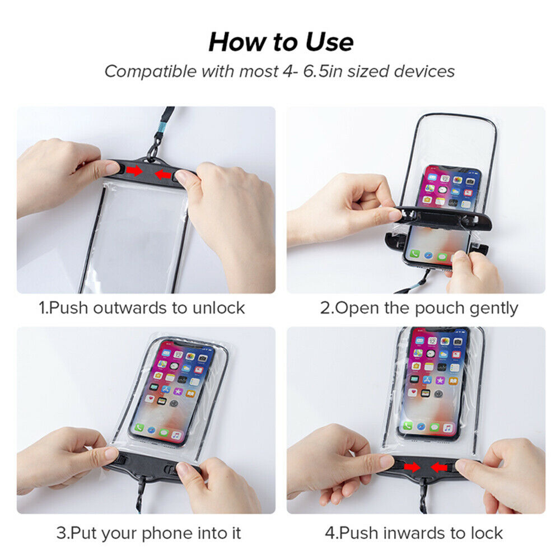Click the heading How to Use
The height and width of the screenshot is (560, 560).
click(281, 42)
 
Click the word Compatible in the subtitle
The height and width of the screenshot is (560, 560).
click(151, 72)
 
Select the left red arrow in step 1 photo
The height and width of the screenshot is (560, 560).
click(134, 171)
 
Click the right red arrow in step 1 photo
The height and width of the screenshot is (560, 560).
click(163, 174)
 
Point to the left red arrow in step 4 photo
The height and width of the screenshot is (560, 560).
click(412, 467)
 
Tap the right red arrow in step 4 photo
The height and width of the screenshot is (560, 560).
click(439, 467)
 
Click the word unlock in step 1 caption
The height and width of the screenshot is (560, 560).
click(218, 308)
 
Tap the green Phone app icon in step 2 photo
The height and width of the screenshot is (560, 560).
click(414, 254)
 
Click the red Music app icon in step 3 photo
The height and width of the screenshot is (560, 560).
click(176, 435)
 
